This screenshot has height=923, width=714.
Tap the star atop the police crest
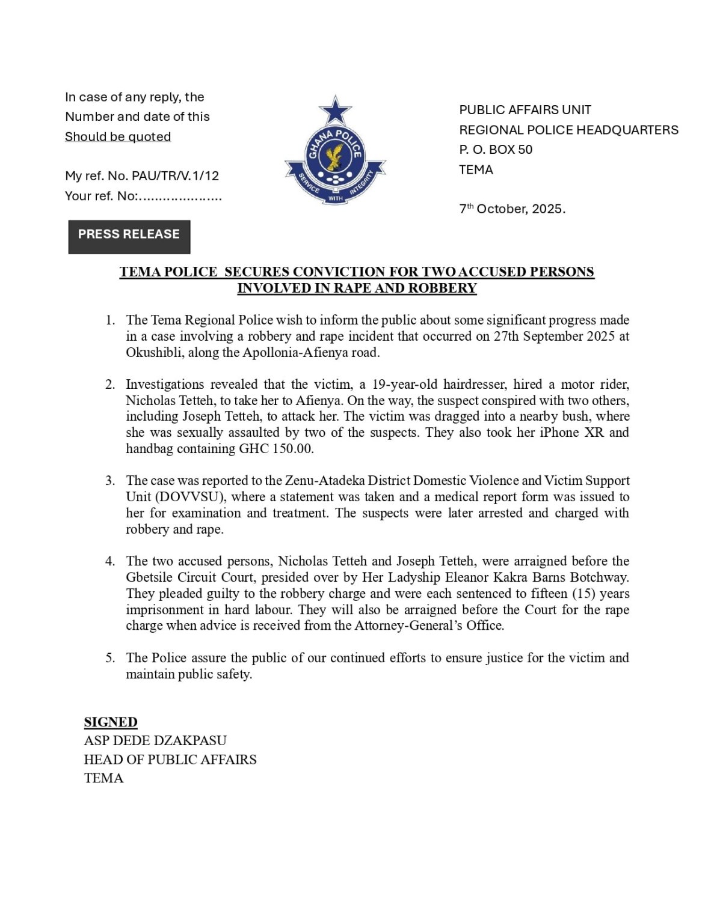[335, 111]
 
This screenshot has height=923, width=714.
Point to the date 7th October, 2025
[512, 209]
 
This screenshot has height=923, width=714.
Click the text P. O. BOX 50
[496, 150]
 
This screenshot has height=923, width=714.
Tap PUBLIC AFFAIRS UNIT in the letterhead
[525, 110]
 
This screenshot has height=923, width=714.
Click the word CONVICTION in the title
[339, 272]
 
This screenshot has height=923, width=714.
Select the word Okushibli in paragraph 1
[155, 353]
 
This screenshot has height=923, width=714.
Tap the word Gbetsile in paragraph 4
[149, 577]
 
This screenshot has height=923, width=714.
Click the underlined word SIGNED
[111, 722]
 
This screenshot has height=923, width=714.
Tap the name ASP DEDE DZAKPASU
[155, 741]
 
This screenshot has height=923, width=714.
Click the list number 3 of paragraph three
[110, 481]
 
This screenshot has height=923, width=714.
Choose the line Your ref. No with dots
[143, 196]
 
